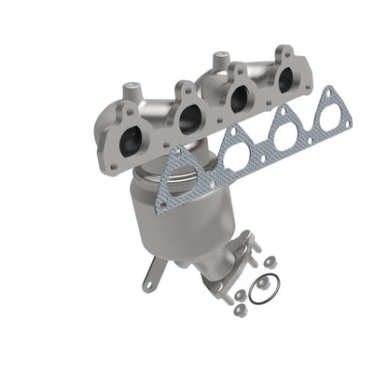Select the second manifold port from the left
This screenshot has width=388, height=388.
point(190,118)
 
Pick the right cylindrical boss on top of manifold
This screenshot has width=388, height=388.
point(220,61)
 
